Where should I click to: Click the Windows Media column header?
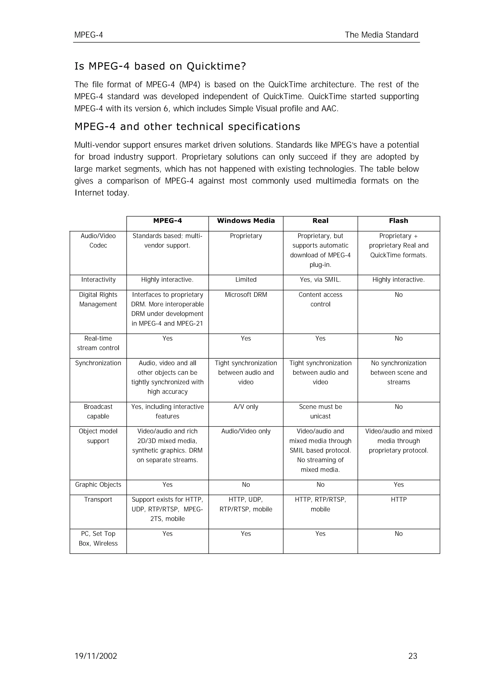tap(246, 221)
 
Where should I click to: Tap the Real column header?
tap(320, 221)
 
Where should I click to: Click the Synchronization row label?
tap(98, 363)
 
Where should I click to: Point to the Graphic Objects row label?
tap(98, 484)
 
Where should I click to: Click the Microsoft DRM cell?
tap(246, 295)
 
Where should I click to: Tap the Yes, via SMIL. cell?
tap(320, 279)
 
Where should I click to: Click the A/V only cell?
tap(246, 407)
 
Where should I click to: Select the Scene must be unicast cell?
tap(320, 411)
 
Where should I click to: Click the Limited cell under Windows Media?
tap(246, 279)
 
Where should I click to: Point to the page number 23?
tap(413, 656)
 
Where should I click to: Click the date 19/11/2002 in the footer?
tap(96, 656)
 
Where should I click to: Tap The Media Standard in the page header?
tap(382, 35)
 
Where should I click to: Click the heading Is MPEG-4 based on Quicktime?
tap(160, 66)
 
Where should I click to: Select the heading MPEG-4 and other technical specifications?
tap(187, 127)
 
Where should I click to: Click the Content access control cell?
tap(320, 299)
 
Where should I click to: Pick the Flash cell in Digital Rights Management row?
tap(399, 295)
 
